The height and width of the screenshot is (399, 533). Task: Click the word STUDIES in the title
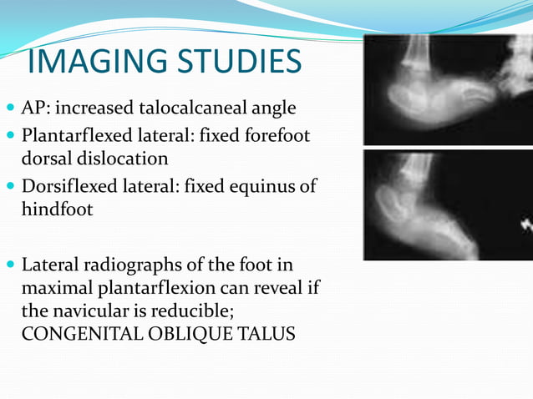click(241, 63)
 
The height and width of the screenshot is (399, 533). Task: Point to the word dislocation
click(122, 158)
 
